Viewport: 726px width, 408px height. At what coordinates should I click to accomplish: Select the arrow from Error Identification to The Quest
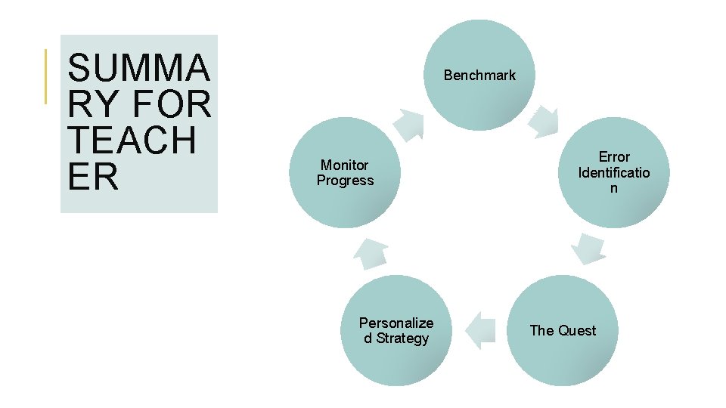(x=588, y=249)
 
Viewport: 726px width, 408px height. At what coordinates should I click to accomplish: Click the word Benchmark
(x=479, y=75)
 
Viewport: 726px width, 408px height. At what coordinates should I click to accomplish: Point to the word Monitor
(x=345, y=165)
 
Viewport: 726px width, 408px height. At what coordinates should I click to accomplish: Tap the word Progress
(x=346, y=181)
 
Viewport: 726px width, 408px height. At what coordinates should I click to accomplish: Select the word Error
(x=614, y=156)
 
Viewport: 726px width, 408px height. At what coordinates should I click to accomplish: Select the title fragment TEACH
(x=132, y=141)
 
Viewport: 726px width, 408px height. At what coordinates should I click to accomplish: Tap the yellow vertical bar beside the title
(x=46, y=76)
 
